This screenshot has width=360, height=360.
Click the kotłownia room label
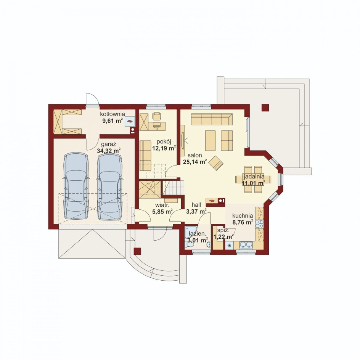[112, 114]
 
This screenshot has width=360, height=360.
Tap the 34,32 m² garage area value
[109, 151]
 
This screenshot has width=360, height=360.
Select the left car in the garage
[76, 186]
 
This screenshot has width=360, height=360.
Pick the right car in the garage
[109, 186]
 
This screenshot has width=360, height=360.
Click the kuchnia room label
[243, 216]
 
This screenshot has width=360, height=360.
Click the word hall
[196, 204]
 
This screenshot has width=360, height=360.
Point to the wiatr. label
[162, 205]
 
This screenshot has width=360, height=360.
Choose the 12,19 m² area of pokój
[164, 148]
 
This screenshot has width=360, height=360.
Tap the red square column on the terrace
[265, 108]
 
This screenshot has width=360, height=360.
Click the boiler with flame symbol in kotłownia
[130, 121]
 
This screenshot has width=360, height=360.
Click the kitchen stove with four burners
[259, 224]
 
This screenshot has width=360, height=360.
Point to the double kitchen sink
[246, 246]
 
